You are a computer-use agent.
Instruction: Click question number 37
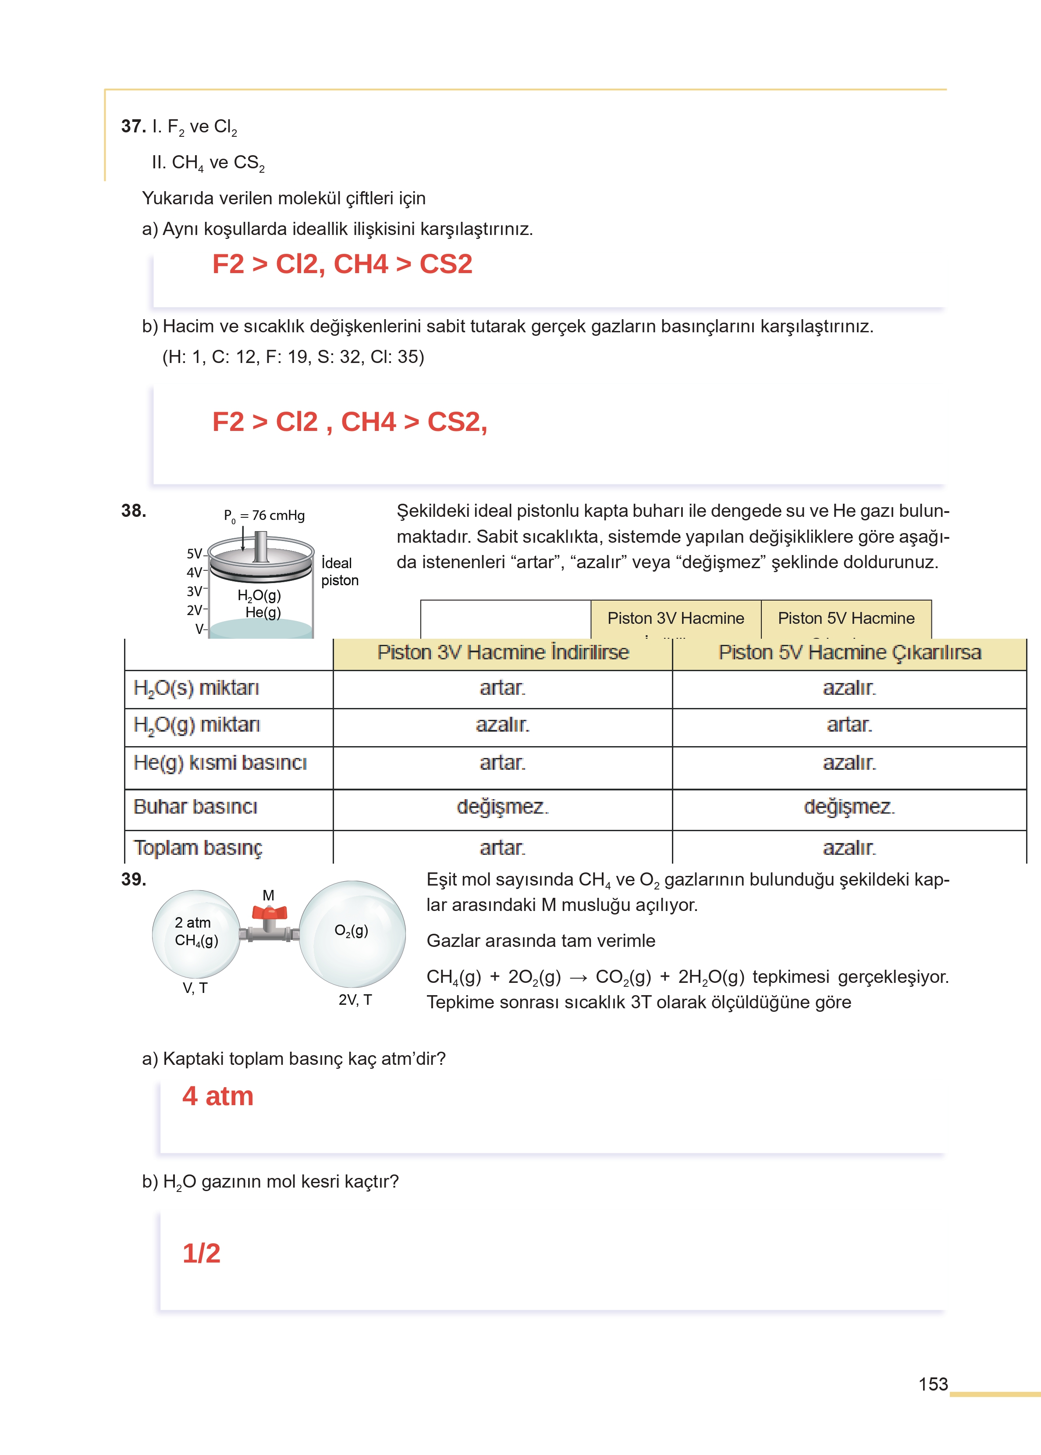point(133,126)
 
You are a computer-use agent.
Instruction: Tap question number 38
point(133,511)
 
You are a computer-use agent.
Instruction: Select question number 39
point(133,879)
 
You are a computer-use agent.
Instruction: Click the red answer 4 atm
point(218,1096)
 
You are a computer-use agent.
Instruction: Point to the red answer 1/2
point(201,1253)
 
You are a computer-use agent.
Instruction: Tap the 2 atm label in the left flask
point(192,922)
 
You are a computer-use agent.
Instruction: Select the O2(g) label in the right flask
point(351,931)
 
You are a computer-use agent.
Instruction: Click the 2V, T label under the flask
point(355,1000)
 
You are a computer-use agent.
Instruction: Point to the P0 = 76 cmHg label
point(264,516)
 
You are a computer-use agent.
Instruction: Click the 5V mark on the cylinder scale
point(194,553)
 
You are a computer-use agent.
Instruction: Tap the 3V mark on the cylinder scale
point(194,591)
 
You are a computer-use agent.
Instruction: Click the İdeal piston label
point(339,571)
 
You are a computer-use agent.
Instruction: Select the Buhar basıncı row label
point(195,806)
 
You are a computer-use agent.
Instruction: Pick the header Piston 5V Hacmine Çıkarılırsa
point(849,652)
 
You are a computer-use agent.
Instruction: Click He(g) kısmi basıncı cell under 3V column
point(503,763)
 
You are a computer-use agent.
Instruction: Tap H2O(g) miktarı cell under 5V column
point(849,725)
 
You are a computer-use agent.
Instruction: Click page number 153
point(933,1384)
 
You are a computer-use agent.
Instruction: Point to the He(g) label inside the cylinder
point(263,612)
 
